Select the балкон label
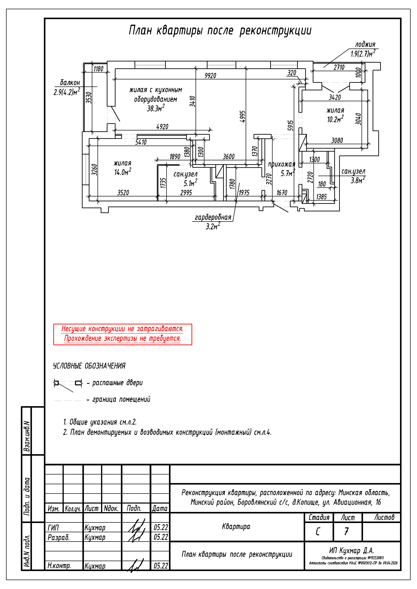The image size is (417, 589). (x=70, y=83)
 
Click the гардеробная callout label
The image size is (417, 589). (x=213, y=217)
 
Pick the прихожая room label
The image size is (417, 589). (x=281, y=164)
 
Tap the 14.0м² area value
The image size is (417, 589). (x=123, y=172)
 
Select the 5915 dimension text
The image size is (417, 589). (x=290, y=125)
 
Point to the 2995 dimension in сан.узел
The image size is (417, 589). (x=186, y=193)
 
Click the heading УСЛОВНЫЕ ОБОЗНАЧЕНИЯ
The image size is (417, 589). (x=89, y=366)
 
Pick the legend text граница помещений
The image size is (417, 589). (x=121, y=399)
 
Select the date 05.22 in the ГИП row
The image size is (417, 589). (x=161, y=527)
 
